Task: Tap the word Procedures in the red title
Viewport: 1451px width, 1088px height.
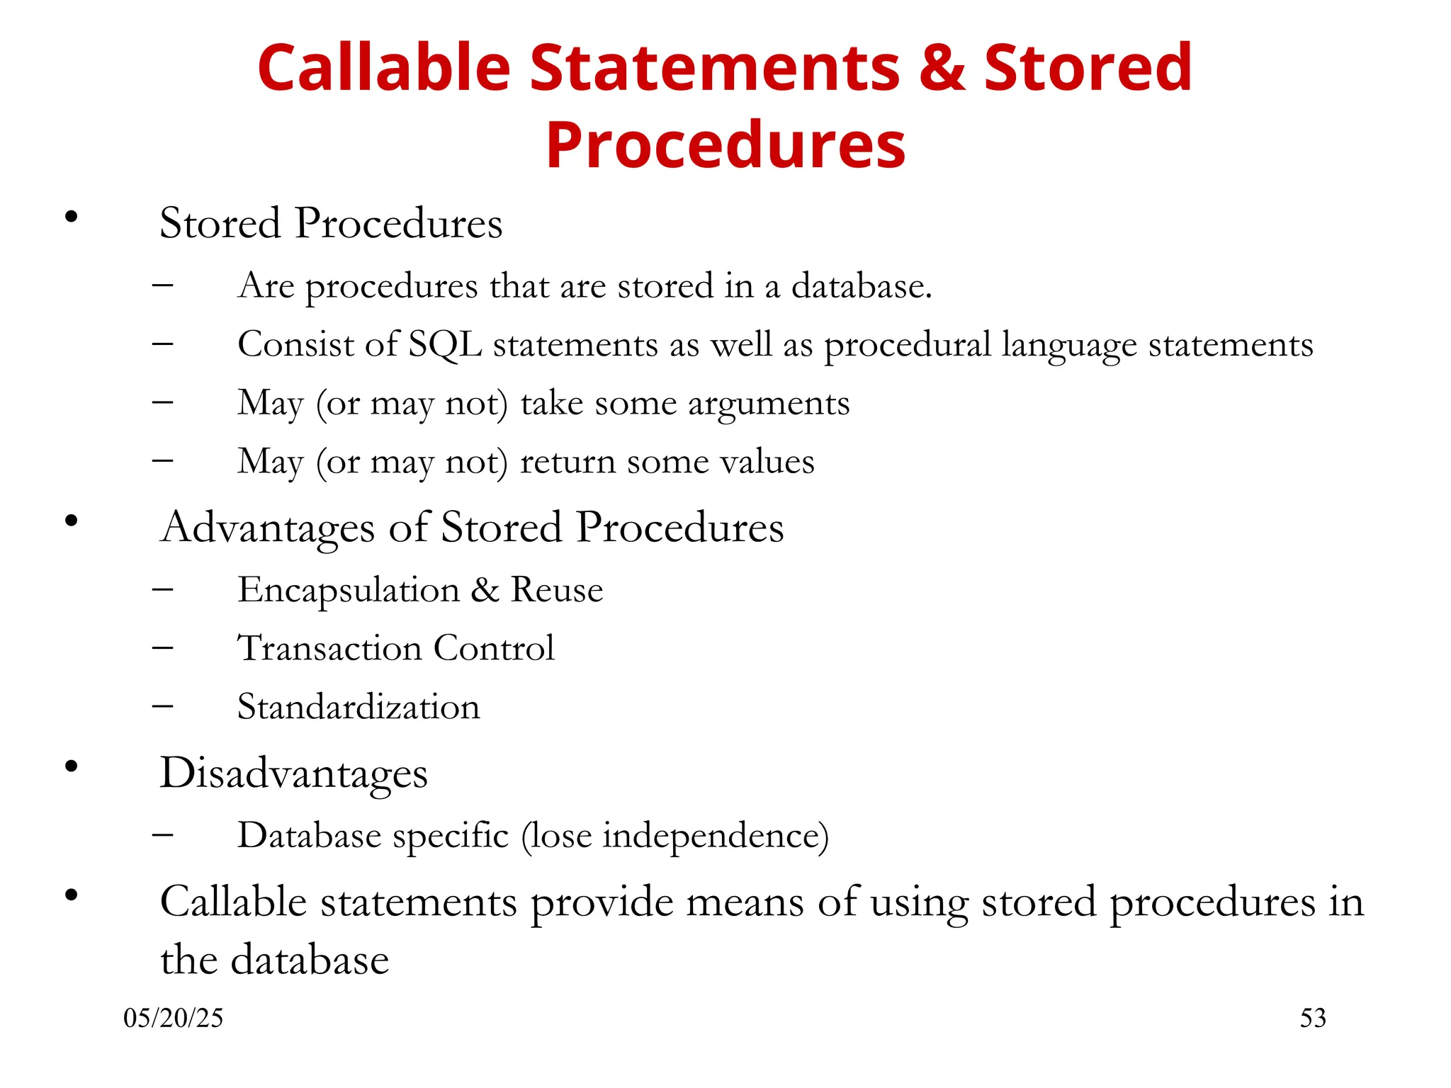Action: pyautogui.click(x=725, y=145)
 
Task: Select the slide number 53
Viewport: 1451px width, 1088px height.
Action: pyautogui.click(x=1312, y=1018)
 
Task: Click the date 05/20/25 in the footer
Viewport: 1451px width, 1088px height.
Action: pyautogui.click(x=173, y=1018)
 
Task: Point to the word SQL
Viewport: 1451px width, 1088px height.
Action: pyautogui.click(x=446, y=345)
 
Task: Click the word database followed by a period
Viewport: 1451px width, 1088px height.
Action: pyautogui.click(x=861, y=286)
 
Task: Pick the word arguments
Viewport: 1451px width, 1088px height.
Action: pyautogui.click(x=769, y=404)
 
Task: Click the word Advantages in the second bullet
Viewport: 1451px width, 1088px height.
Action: pyautogui.click(x=268, y=528)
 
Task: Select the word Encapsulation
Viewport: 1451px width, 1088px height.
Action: pyautogui.click(x=349, y=591)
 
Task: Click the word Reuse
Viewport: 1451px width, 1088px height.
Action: pyautogui.click(x=557, y=590)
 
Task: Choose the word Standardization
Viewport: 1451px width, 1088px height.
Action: pyautogui.click(x=358, y=707)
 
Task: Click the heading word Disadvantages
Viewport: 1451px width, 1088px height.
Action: pyautogui.click(x=294, y=773)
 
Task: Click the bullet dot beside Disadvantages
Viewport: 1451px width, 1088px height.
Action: pyautogui.click(x=71, y=766)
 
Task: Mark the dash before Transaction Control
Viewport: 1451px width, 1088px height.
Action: pyautogui.click(x=163, y=648)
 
